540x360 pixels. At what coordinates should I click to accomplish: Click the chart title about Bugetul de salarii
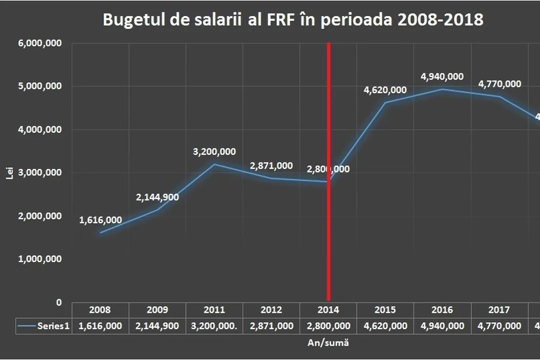click(x=293, y=20)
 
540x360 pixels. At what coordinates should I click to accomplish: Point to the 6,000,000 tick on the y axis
click(x=40, y=44)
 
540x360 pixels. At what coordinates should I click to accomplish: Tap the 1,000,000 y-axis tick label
click(x=40, y=259)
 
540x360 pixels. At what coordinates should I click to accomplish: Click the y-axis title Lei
click(x=9, y=173)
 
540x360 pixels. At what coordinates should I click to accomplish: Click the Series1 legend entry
click(x=44, y=326)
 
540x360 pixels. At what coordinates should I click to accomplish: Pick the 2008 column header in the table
click(x=100, y=310)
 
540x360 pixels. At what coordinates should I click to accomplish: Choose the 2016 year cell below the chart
click(x=442, y=310)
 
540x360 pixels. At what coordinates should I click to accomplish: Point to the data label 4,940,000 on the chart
click(x=442, y=77)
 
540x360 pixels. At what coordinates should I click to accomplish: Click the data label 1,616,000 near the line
click(x=100, y=220)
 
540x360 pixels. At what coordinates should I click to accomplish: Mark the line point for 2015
click(x=385, y=103)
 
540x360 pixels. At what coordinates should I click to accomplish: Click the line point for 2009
click(x=157, y=209)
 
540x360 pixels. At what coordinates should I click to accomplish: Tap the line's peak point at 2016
click(x=442, y=89)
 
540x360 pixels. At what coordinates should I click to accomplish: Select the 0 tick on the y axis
click(x=59, y=302)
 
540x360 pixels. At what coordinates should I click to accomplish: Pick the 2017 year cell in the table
click(x=499, y=310)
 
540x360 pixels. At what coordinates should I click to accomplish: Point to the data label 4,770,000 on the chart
click(x=499, y=84)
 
